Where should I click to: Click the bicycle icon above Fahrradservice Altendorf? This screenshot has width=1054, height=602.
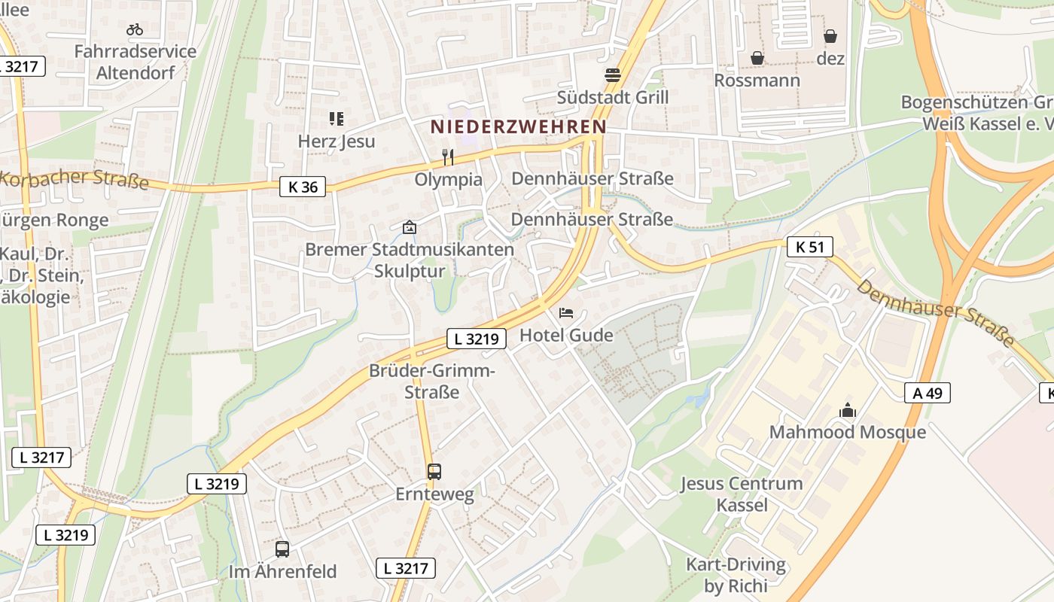coord(135,29)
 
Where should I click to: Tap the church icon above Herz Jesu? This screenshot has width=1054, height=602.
coord(336,118)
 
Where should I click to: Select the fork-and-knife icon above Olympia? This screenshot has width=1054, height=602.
coord(448,157)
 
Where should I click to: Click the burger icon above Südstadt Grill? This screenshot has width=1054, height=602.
coord(613,74)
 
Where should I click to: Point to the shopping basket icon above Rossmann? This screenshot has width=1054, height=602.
coord(757,58)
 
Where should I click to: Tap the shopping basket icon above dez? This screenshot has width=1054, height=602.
coord(830,36)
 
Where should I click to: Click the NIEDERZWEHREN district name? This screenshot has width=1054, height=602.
coord(519,127)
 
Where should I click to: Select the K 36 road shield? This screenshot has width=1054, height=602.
coord(303,187)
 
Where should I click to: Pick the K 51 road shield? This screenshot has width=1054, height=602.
coord(810,246)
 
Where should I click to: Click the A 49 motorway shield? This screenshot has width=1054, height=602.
coord(928,393)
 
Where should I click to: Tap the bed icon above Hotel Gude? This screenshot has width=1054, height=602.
coord(566,312)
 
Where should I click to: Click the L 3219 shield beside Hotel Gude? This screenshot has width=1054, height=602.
coord(476,339)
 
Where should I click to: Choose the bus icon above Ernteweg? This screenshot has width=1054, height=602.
coord(434,472)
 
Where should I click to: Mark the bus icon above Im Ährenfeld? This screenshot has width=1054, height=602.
coord(282,549)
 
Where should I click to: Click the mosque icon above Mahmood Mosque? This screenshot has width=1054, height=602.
coord(848,410)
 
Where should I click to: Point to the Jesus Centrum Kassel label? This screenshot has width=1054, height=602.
coord(742,494)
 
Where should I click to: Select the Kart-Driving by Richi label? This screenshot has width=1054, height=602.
coord(736,575)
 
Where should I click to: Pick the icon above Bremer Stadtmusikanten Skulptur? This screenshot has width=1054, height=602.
coord(410,227)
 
